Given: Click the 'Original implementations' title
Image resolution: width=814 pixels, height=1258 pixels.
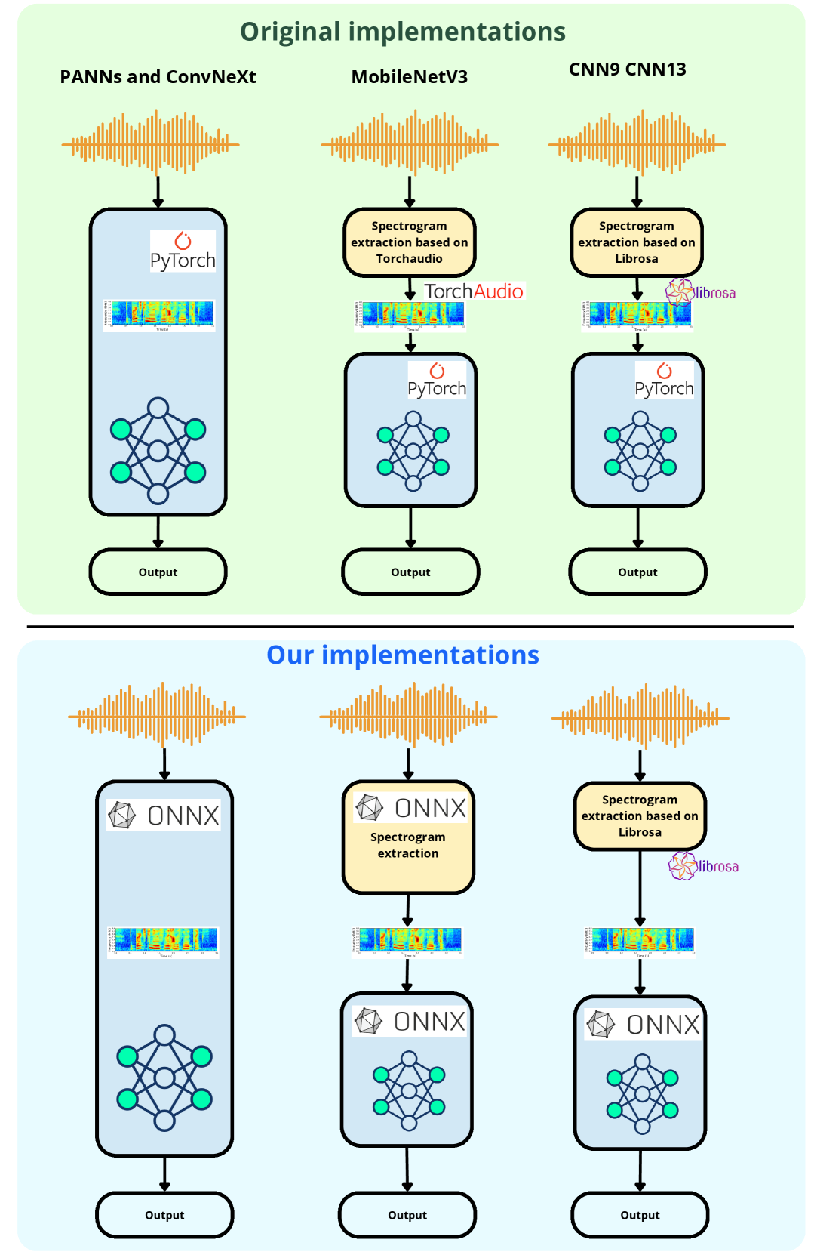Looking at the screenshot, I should coord(403,32).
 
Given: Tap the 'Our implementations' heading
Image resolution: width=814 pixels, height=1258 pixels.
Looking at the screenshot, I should coord(403,655).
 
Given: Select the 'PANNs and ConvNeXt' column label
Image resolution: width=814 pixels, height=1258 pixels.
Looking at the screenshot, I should coord(158,77).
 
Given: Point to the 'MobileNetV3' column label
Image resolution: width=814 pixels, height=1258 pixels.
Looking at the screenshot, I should coord(410,77).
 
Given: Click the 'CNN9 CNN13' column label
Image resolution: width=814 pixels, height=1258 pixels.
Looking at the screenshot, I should coord(628,69).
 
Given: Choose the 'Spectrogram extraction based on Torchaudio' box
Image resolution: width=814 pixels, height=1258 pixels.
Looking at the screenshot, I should coord(410,242).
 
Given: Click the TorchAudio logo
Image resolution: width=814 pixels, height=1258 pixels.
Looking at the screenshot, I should coord(474,291).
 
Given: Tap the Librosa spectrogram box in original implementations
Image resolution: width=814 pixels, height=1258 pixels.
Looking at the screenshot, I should coord(637,242).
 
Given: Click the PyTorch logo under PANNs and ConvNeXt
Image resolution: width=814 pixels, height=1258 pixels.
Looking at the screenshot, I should coord(183,251).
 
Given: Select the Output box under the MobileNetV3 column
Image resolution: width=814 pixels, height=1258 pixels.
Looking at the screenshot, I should coord(410,572).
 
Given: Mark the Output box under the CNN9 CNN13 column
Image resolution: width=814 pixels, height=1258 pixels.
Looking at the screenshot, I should coord(637,572).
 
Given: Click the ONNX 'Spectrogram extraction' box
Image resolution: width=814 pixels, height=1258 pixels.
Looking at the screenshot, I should coord(408,837).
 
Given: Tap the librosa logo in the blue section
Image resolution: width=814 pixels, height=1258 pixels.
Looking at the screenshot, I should coord(703,866).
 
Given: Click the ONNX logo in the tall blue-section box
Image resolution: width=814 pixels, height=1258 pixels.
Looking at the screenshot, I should coord(164,816).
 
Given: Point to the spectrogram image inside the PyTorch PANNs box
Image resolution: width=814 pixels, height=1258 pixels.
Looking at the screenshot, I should coord(159,314).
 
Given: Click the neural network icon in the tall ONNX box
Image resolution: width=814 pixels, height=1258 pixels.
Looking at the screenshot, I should coord(164,1078).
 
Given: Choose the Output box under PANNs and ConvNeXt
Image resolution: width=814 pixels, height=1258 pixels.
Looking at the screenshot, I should coord(158,572).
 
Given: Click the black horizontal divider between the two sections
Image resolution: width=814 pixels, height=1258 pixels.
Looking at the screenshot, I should coord(410,627).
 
